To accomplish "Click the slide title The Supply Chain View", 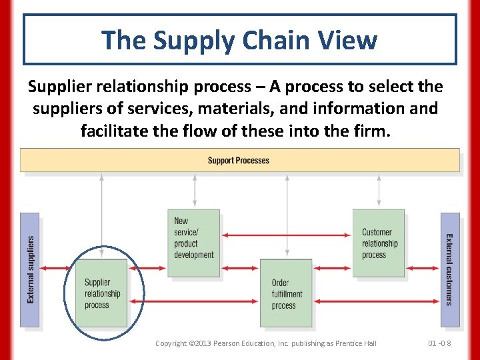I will pos(239,39).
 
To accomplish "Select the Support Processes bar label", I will pos(239,161).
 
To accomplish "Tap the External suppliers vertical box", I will pos(30,270).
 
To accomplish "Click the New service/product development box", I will pos(193,243).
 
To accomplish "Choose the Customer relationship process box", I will pos(379,243).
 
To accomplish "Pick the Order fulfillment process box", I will pos(286,293).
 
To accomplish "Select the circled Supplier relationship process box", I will pos(101,293).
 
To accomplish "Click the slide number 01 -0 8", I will pos(439,343).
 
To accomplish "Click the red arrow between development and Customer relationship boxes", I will pos(287,234).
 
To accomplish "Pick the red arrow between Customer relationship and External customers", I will pos(423,268).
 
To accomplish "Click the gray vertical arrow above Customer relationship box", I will pos(379,190).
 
